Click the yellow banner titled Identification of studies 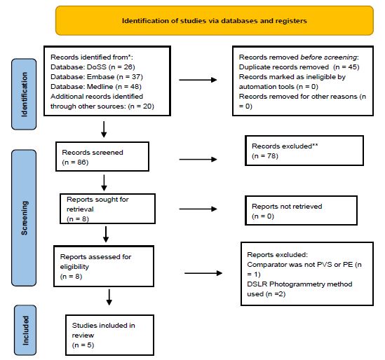pyautogui.click(x=215, y=20)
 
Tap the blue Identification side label pyautogui.click(x=24, y=94)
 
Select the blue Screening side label pyautogui.click(x=24, y=218)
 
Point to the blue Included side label pyautogui.click(x=25, y=330)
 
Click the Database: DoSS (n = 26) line pyautogui.click(x=93, y=67)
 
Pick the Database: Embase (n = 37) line pyautogui.click(x=97, y=77)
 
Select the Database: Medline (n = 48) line pyautogui.click(x=96, y=87)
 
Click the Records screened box pyautogui.click(x=102, y=156)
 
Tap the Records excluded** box pyautogui.click(x=304, y=151)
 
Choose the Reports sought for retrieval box pyautogui.click(x=107, y=209)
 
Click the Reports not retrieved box pyautogui.click(x=301, y=210)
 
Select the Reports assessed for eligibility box pyautogui.click(x=104, y=266)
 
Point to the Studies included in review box pyautogui.click(x=110, y=335)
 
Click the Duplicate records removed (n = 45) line pyautogui.click(x=299, y=67)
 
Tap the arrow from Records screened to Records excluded pyautogui.click(x=198, y=160)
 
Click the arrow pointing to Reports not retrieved pyautogui.click(x=198, y=209)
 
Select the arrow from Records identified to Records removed pyautogui.click(x=198, y=80)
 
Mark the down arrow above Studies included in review pyautogui.click(x=109, y=297)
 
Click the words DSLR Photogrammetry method pyautogui.click(x=299, y=284)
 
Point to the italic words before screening pyautogui.click(x=328, y=57)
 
